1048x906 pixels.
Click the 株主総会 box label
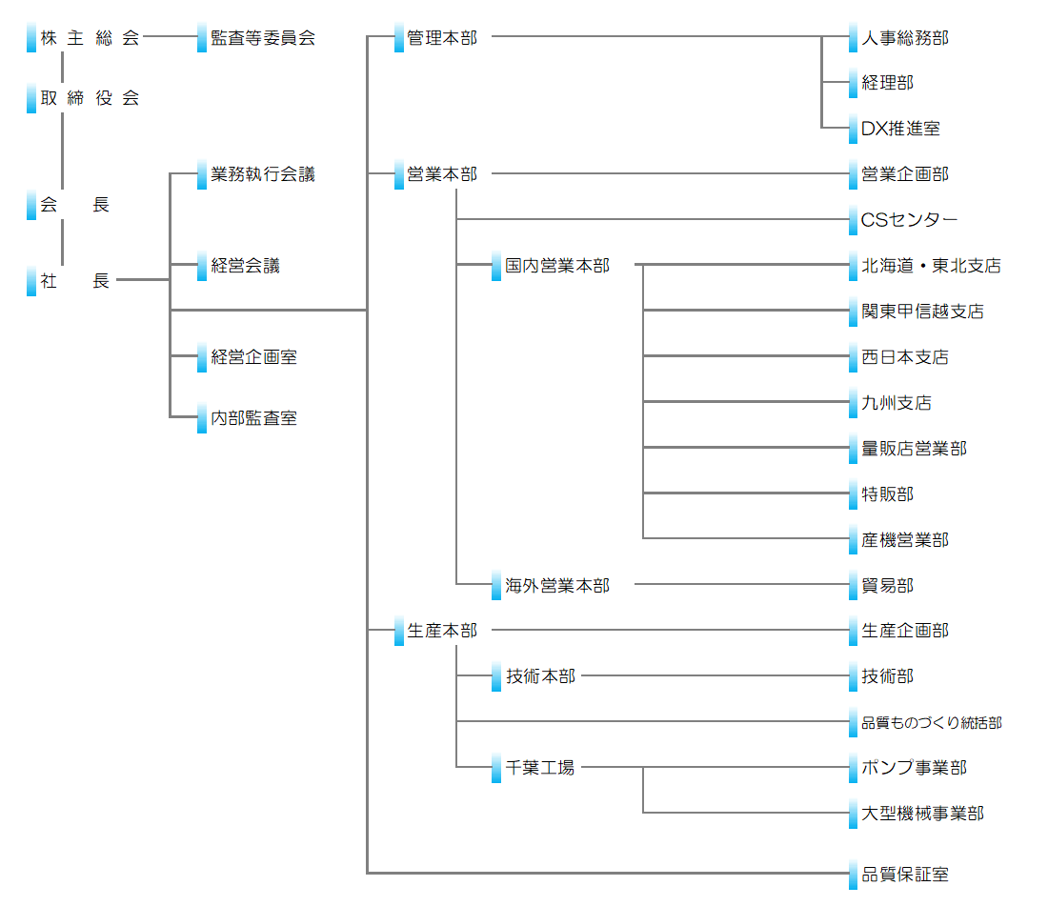point(90,38)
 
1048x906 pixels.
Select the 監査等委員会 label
point(263,38)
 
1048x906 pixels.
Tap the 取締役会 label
point(90,97)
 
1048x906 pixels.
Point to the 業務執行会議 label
point(263,174)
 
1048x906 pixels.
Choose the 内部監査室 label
point(254,417)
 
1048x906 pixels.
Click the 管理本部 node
point(442,38)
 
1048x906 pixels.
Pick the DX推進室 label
point(900,129)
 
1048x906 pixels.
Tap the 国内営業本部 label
point(557,266)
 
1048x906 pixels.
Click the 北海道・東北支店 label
point(931,266)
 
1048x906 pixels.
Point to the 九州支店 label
point(897,403)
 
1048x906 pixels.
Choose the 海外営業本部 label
point(557,586)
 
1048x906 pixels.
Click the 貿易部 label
point(888,586)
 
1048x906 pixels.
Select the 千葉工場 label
point(540,768)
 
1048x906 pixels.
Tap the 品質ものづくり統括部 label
point(931,723)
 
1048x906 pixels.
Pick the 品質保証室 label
point(905,874)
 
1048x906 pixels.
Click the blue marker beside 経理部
point(854,84)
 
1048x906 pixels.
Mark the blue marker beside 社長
point(31,282)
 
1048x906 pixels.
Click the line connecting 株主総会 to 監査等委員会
point(170,38)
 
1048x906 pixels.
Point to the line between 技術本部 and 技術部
point(715,676)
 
